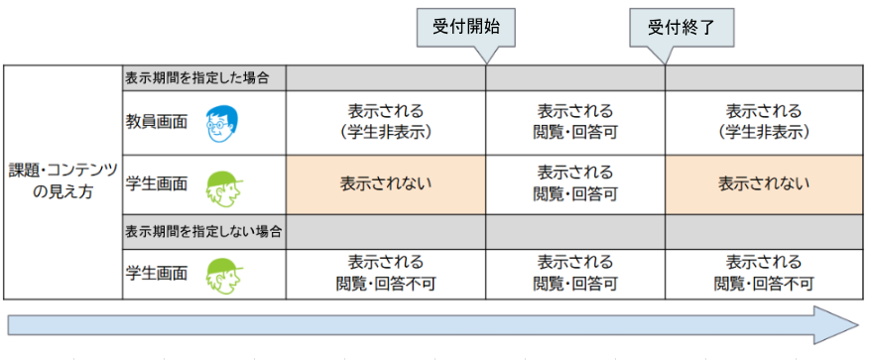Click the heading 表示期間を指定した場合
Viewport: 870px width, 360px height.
click(x=204, y=77)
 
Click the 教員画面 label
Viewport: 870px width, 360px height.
click(x=157, y=122)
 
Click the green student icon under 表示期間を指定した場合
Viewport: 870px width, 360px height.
click(x=223, y=184)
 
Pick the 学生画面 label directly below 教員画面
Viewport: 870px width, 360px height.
click(x=157, y=183)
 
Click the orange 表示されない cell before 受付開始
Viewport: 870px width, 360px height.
click(x=386, y=183)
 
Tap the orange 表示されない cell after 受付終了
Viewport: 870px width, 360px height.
click(x=764, y=183)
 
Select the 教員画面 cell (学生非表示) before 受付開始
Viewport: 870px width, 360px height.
click(x=386, y=121)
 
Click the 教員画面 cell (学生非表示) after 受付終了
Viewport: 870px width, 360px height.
click(x=764, y=121)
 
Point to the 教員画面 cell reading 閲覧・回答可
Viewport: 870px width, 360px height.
click(x=575, y=121)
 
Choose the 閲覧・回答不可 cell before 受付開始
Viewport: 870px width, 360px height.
click(x=386, y=272)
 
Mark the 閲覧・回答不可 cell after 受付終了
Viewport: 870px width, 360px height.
click(x=764, y=272)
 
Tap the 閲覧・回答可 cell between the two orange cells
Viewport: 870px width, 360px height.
click(x=575, y=183)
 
